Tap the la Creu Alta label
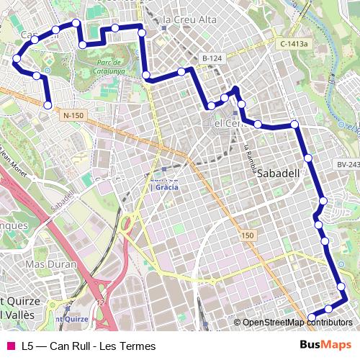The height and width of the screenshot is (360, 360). point(189,19)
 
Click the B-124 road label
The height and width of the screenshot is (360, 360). point(210,57)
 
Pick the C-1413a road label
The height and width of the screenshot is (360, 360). point(294,44)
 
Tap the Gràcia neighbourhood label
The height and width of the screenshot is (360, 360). point(167,186)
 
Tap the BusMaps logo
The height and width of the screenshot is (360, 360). point(325,346)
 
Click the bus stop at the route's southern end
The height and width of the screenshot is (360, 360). point(312,317)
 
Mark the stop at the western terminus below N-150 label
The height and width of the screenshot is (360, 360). point(48,105)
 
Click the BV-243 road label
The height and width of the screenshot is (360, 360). point(348,165)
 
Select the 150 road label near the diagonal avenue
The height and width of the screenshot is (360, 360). point(248,235)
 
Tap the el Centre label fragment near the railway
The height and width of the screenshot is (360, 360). point(222,123)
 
